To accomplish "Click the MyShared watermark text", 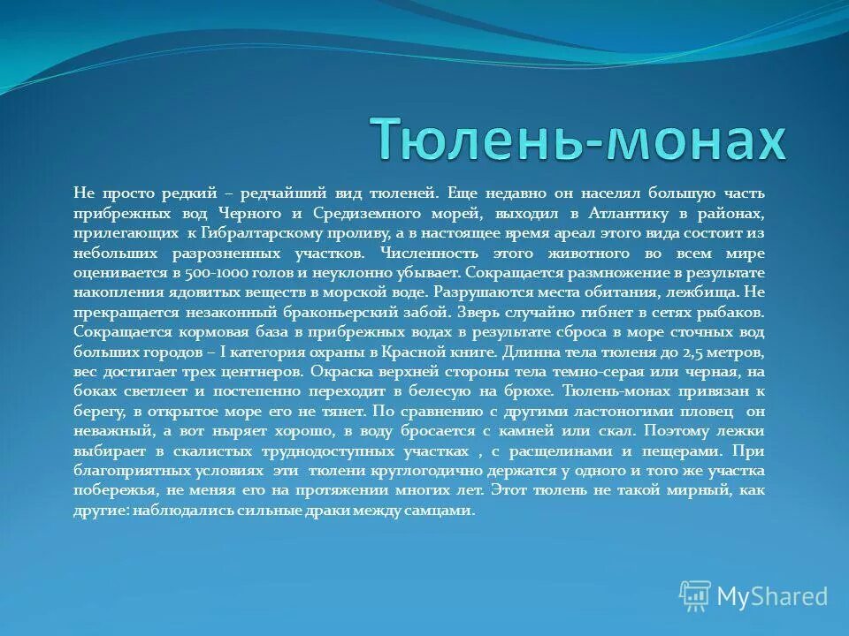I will (x=772, y=596).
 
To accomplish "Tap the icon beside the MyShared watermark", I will (x=695, y=596).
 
